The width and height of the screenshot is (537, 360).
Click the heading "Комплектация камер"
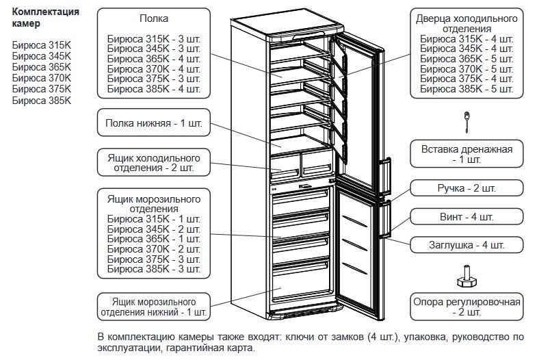pos(45,18)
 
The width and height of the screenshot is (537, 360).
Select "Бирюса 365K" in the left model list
pos(42,66)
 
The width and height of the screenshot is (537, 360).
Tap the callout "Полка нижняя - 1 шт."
pos(153,125)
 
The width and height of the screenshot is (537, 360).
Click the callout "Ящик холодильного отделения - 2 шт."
pos(153,162)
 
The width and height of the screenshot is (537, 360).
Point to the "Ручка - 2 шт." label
pos(467,188)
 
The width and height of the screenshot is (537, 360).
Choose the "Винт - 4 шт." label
pos(467,216)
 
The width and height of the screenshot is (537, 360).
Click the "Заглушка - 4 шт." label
pos(467,245)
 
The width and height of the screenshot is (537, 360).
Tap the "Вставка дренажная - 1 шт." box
pos(467,154)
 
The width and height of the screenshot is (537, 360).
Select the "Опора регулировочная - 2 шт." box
pos(467,306)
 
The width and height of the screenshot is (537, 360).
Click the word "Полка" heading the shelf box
pos(153,18)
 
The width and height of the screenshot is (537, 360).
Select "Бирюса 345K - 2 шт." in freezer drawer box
pos(153,229)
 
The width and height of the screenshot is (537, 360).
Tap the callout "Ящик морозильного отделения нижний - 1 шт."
pos(153,307)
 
